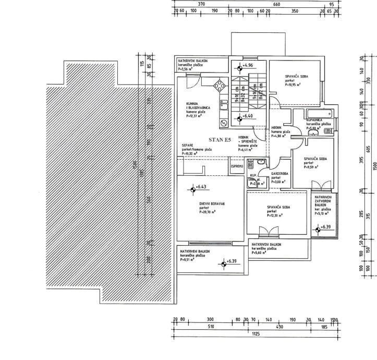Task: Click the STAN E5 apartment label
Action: [220, 140]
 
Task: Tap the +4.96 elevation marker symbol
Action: [240, 67]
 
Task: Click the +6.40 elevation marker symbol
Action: [240, 118]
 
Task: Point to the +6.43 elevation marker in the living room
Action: [192, 187]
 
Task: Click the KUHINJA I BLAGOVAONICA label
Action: [197, 107]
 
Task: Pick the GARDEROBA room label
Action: [279, 173]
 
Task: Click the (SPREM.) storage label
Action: [237, 166]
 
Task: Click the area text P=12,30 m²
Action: [275, 215]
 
